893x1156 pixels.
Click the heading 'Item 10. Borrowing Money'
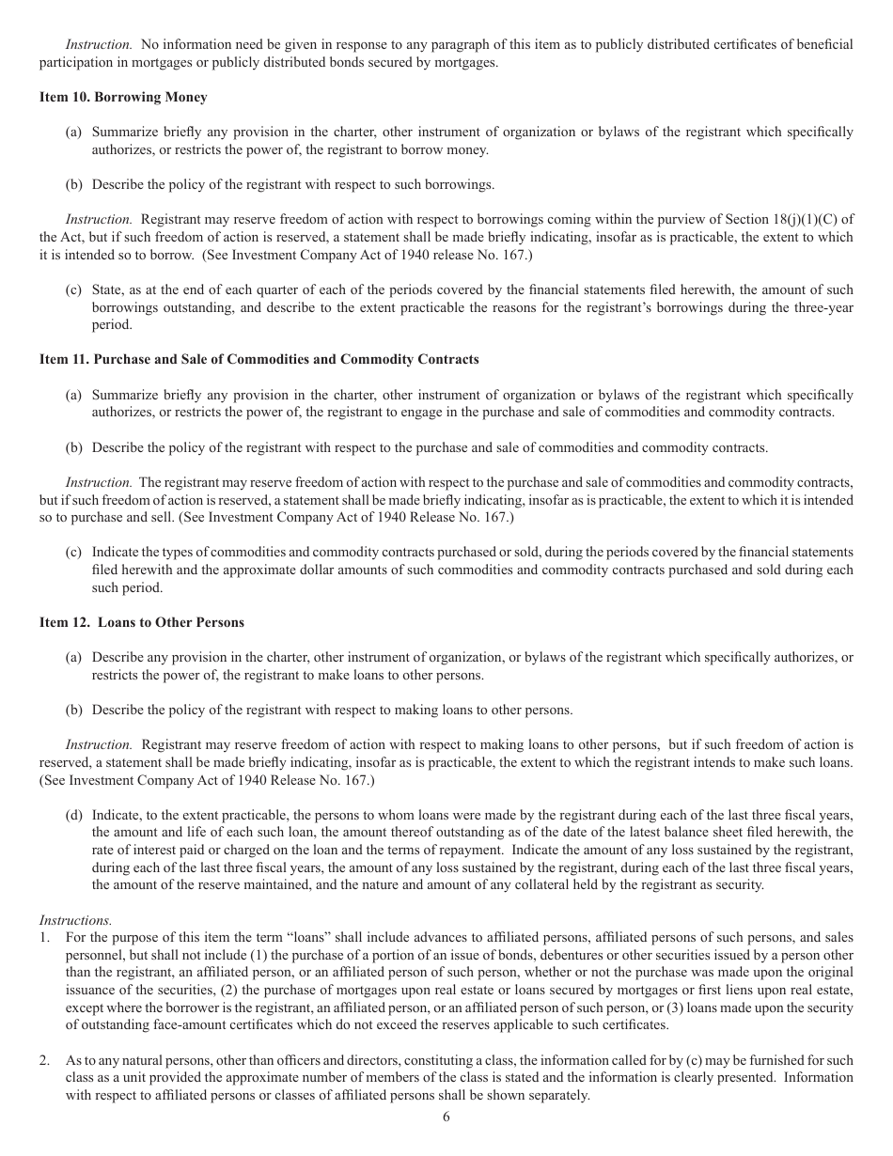point(123,98)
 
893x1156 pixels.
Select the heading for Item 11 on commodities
point(258,360)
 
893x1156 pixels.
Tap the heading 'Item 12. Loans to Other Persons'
point(141,622)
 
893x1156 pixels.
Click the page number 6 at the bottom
point(446,1117)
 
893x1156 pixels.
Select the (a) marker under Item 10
point(74,133)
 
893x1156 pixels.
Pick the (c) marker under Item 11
point(74,552)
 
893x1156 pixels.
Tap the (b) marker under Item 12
point(74,710)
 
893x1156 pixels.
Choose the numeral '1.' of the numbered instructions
point(45,937)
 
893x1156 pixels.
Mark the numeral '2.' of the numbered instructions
point(45,1060)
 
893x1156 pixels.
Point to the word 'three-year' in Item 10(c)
point(822,307)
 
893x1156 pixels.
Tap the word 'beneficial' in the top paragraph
point(824,45)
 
